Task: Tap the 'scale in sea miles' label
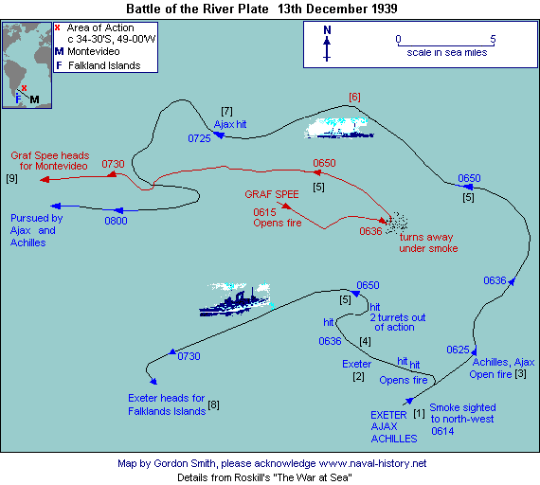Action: tap(447, 52)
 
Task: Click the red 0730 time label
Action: tap(113, 164)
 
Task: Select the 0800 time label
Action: tap(117, 221)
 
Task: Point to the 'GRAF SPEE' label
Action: tap(272, 194)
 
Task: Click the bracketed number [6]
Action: tap(354, 98)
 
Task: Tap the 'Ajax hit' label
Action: tap(230, 124)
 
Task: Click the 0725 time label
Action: tap(199, 138)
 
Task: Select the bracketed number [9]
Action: tap(11, 178)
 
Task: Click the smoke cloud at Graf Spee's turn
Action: tap(397, 223)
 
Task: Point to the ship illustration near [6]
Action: tap(339, 128)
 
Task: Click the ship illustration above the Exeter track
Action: tap(236, 299)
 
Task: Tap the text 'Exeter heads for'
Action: tap(167, 398)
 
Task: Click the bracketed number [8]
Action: tap(213, 404)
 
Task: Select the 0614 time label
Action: tap(442, 431)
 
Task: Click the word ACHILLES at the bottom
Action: tap(394, 439)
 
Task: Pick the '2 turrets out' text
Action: tap(398, 317)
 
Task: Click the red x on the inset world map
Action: tap(24, 88)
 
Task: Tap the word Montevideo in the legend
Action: tap(94, 52)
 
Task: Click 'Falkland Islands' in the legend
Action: tap(104, 65)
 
